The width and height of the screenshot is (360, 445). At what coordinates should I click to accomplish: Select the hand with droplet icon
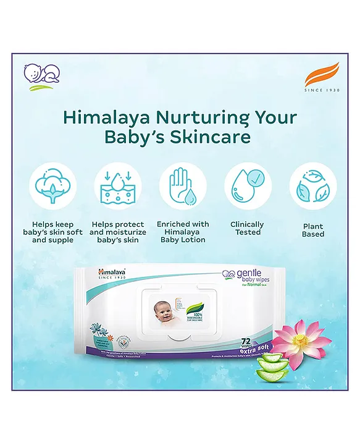183,185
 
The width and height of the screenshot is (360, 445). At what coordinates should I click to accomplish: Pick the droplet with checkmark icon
248,185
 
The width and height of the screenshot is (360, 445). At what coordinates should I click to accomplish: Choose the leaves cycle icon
312,185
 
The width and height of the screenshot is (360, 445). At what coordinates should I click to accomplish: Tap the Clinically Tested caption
248,228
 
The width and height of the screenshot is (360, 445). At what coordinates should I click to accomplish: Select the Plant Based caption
313,231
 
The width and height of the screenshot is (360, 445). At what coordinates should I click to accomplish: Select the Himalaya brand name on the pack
112,271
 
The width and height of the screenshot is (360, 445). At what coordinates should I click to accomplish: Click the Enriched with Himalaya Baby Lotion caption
183,232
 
